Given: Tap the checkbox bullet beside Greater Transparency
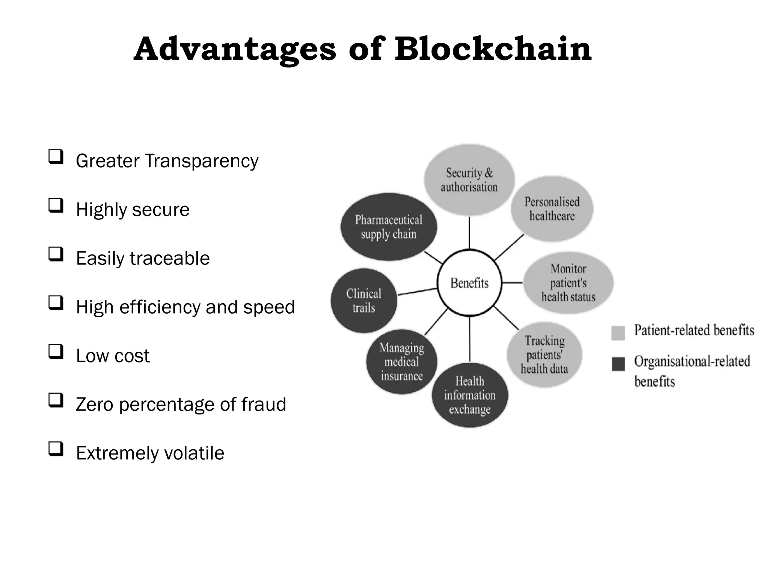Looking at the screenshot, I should pyautogui.click(x=56, y=157).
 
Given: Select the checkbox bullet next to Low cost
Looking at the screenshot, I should pyautogui.click(x=56, y=352).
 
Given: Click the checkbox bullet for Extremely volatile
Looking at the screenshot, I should pyautogui.click(x=56, y=449).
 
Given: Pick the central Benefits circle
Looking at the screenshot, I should pyautogui.click(x=469, y=283).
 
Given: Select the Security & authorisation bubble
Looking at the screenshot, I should pyautogui.click(x=469, y=180).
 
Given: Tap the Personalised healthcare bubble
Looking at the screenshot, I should pyautogui.click(x=552, y=209).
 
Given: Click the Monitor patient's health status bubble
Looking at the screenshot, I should pyautogui.click(x=568, y=283).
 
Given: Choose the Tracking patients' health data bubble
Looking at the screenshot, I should pyautogui.click(x=544, y=355).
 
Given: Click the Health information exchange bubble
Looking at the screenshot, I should pyautogui.click(x=470, y=395).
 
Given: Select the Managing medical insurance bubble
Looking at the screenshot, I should pyautogui.click(x=401, y=362).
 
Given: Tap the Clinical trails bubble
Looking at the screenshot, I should pyautogui.click(x=363, y=301).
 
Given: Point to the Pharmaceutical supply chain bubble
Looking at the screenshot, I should pyautogui.click(x=389, y=227).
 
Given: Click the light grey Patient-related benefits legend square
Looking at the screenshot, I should pyautogui.click(x=618, y=333).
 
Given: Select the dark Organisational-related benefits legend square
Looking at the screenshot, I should pyautogui.click(x=618, y=364).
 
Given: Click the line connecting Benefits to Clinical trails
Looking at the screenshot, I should pyautogui.click(x=417, y=292).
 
